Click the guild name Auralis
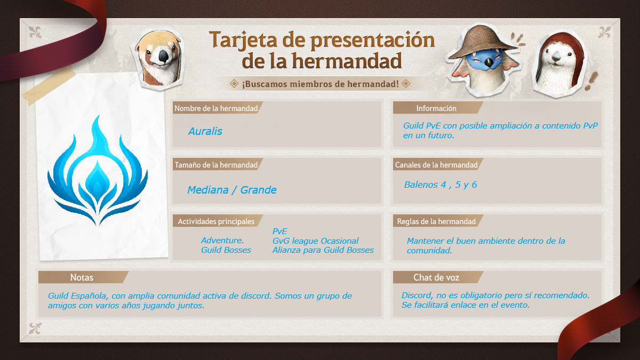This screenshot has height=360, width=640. coord(205,131)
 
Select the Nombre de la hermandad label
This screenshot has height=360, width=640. coord(216,108)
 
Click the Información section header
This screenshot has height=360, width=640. coord(436,108)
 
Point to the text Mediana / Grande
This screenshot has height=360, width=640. coord(231,190)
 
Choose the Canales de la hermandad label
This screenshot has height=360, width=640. coord(436,165)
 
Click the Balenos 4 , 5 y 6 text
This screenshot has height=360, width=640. coord(441,185)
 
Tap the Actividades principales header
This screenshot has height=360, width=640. coord(216,221)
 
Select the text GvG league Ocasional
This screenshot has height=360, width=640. coord(315,241)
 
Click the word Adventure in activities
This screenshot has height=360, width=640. coord(222,241)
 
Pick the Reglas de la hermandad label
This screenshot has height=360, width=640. coord(436,221)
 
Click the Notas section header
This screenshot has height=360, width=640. coord(82,277)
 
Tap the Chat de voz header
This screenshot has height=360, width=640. coord(436,277)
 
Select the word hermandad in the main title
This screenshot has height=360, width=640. coord(347,61)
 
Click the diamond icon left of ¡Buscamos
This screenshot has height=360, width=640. coord(234,84)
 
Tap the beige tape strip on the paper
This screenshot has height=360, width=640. coord(49,86)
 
